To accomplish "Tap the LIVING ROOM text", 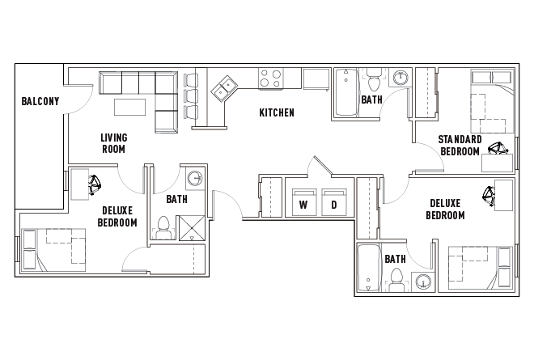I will [x=113, y=143].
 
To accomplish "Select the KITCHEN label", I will [x=277, y=112].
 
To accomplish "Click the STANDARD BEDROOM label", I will [x=460, y=145].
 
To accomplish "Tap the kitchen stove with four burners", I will [x=270, y=79].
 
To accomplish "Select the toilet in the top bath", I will [x=374, y=83].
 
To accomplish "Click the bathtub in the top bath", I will [x=345, y=93].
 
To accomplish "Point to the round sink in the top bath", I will [x=400, y=78].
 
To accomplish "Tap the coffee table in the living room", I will [x=131, y=107].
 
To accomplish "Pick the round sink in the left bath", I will [x=196, y=179].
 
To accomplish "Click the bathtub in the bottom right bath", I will [x=369, y=269].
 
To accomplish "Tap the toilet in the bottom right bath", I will [x=396, y=278].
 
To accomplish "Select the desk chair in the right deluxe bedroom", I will [x=489, y=194].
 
